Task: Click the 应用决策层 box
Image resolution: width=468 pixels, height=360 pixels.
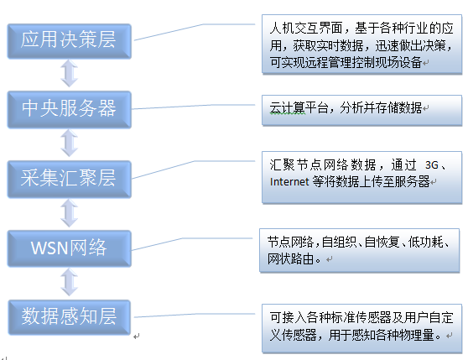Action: [x=70, y=41]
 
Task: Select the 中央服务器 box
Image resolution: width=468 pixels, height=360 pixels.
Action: [x=70, y=110]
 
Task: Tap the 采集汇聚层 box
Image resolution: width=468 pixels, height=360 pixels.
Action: [x=70, y=179]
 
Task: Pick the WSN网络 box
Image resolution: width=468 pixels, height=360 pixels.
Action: [x=70, y=248]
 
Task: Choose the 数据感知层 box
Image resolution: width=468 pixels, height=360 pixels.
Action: [x=70, y=317]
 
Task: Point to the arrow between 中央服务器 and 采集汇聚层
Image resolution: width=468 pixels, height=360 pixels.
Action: [x=70, y=143]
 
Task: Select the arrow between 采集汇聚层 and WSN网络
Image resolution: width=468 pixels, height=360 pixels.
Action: [x=70, y=213]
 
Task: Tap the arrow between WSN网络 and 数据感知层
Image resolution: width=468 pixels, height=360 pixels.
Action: [x=70, y=282]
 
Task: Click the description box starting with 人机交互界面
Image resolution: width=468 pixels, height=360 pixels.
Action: [x=361, y=44]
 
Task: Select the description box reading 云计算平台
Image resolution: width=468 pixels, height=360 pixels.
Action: [x=361, y=110]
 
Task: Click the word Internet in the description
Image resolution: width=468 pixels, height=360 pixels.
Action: [x=289, y=182]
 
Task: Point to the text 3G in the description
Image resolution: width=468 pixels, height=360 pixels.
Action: [x=432, y=164]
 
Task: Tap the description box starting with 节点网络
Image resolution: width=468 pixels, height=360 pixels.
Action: [x=359, y=250]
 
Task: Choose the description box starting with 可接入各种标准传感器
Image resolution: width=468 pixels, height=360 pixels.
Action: [x=361, y=328]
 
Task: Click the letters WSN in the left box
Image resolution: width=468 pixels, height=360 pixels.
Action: [x=49, y=248]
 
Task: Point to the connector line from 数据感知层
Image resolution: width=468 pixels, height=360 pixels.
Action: [x=195, y=315]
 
